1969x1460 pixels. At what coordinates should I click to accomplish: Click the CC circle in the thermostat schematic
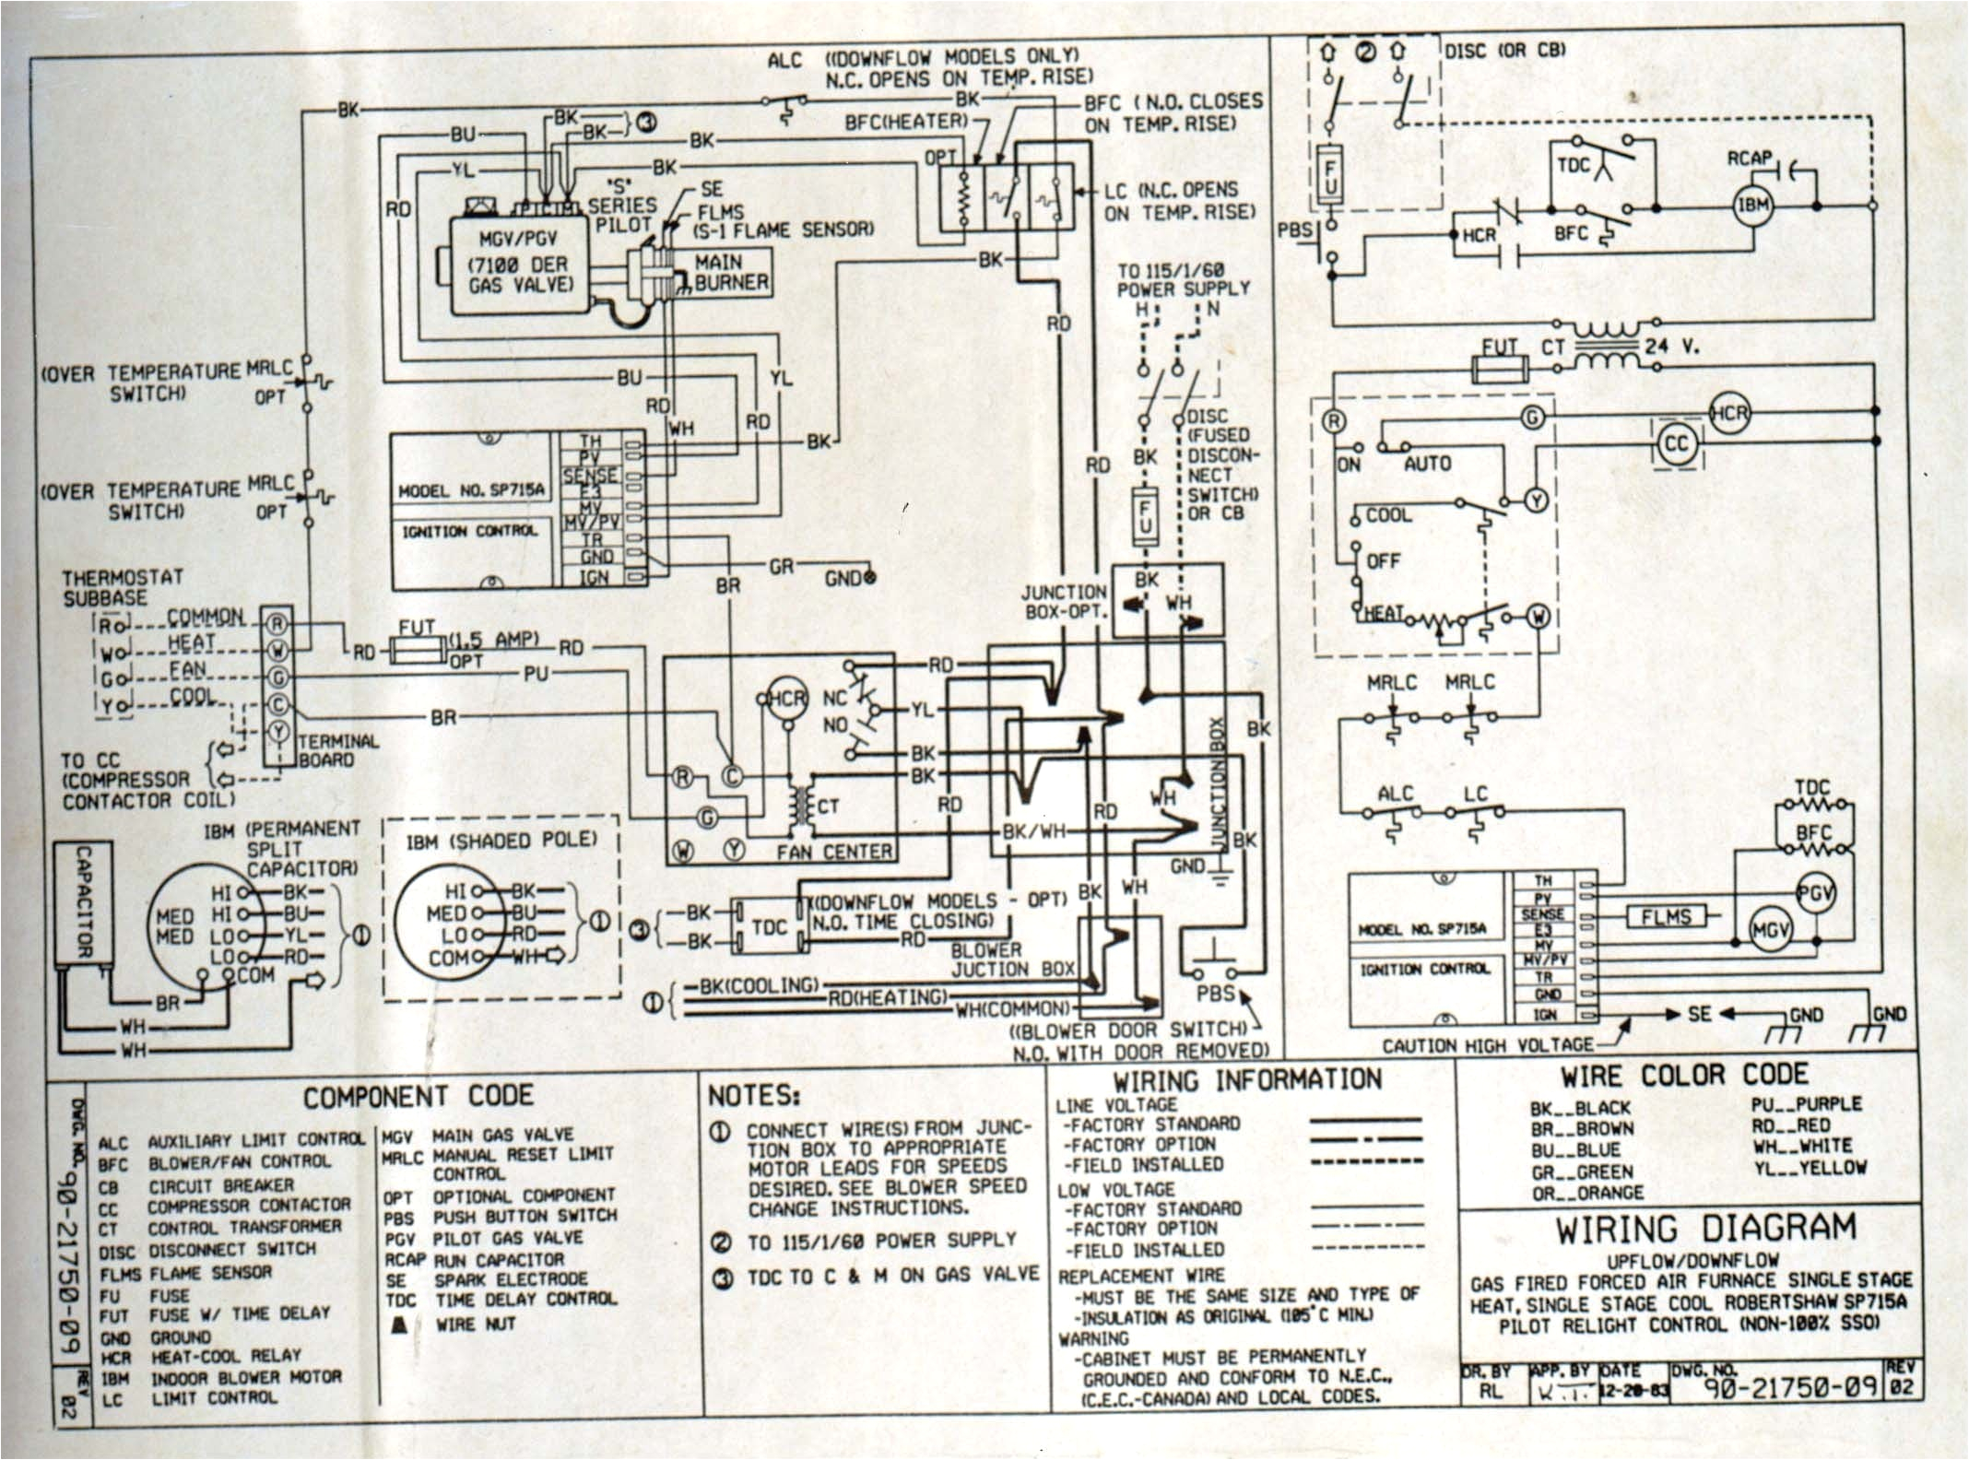click(1676, 444)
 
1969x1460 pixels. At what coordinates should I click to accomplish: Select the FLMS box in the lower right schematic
click(1665, 917)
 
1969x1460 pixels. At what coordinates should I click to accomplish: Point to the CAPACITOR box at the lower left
click(82, 902)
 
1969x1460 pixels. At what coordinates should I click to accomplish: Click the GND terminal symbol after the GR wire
click(866, 578)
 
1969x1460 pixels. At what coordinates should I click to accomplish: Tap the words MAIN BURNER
click(730, 273)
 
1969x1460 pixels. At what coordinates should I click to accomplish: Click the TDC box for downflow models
click(770, 926)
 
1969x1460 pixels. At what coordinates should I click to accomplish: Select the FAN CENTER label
click(833, 853)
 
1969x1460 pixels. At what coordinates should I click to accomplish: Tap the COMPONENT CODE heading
click(419, 1096)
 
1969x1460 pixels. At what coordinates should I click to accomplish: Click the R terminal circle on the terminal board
click(278, 624)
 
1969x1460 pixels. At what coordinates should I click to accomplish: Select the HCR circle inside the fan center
click(786, 699)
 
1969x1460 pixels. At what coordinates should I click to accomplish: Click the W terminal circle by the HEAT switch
click(1538, 617)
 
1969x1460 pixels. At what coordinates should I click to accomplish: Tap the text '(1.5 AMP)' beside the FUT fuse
click(493, 639)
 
